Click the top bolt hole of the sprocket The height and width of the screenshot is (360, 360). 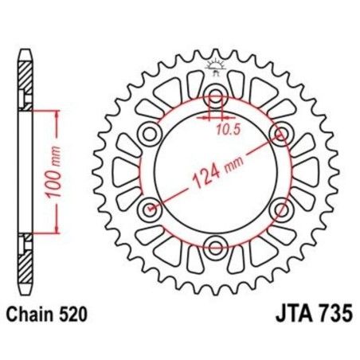click(214, 98)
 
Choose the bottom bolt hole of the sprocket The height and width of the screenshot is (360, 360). click(214, 243)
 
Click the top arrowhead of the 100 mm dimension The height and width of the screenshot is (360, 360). click(57, 114)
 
